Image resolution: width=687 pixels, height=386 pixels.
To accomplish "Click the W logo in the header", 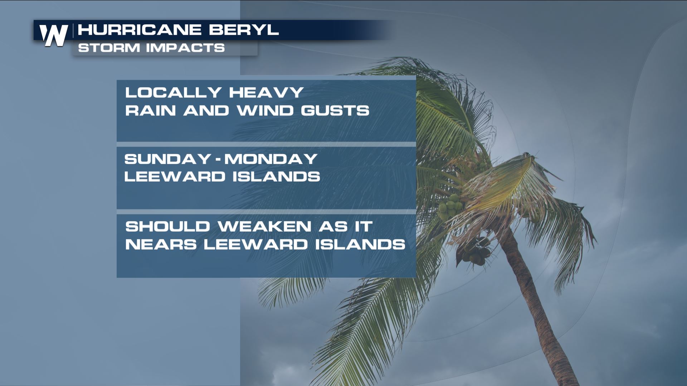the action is [53, 35].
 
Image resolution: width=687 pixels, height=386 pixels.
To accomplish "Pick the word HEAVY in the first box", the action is [267, 93].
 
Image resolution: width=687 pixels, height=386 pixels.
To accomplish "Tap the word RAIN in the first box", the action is [150, 110].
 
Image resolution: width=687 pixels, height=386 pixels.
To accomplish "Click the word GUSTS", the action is [335, 110].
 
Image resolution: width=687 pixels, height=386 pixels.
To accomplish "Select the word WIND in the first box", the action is [265, 110].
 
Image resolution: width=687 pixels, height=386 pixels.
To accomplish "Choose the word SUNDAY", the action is [167, 159].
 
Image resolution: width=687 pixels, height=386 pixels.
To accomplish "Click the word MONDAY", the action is [271, 159].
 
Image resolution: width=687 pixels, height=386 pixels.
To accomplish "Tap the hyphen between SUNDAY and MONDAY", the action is [218, 159].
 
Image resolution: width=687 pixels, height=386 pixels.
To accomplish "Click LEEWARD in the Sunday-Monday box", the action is [175, 177].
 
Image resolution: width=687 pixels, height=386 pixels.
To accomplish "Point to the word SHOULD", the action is [167, 227].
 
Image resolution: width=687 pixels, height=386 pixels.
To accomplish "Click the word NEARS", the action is [161, 244].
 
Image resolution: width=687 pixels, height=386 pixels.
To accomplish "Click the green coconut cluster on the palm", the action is [450, 207].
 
